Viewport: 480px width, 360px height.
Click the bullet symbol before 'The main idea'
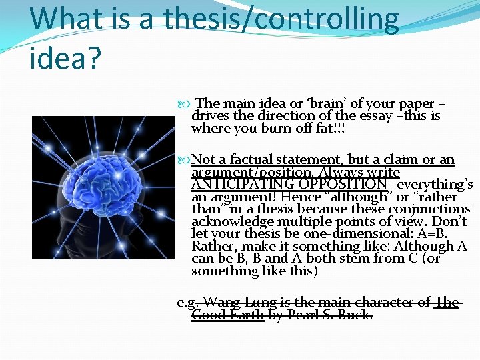tap(186, 104)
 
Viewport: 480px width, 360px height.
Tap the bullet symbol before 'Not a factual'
tap(186, 160)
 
